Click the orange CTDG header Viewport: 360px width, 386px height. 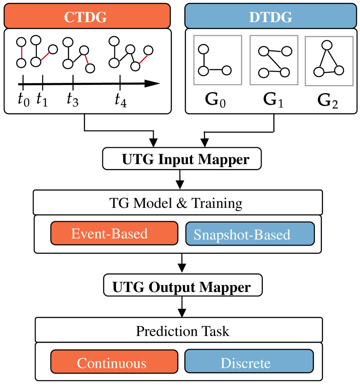pyautogui.click(x=87, y=16)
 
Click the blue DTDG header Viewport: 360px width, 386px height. pyautogui.click(x=270, y=16)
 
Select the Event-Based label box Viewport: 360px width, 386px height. pyautogui.click(x=114, y=234)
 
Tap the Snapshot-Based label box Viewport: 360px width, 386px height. pyautogui.click(x=250, y=234)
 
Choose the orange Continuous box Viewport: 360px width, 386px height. pyautogui.click(x=114, y=362)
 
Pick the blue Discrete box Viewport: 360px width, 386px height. pyautogui.click(x=249, y=361)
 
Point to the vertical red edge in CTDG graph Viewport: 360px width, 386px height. pyautogui.click(x=21, y=52)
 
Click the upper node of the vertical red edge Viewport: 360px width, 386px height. pyautogui.click(x=21, y=42)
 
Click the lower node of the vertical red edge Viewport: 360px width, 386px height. pyautogui.click(x=21, y=63)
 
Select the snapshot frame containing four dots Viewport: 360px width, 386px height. pyautogui.click(x=274, y=60)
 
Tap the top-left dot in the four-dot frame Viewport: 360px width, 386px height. pyautogui.click(x=264, y=51)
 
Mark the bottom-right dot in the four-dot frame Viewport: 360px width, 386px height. pyautogui.click(x=285, y=72)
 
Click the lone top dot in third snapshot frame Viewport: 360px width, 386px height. pyautogui.click(x=327, y=45)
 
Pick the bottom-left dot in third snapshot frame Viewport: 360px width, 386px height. pyautogui.click(x=319, y=72)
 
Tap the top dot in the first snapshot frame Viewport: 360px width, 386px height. pyautogui.click(x=203, y=49)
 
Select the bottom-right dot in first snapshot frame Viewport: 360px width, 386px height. pyautogui.click(x=226, y=70)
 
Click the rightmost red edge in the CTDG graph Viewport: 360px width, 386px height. pyautogui.click(x=142, y=59)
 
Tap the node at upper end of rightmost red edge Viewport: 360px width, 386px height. pyautogui.click(x=148, y=50)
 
